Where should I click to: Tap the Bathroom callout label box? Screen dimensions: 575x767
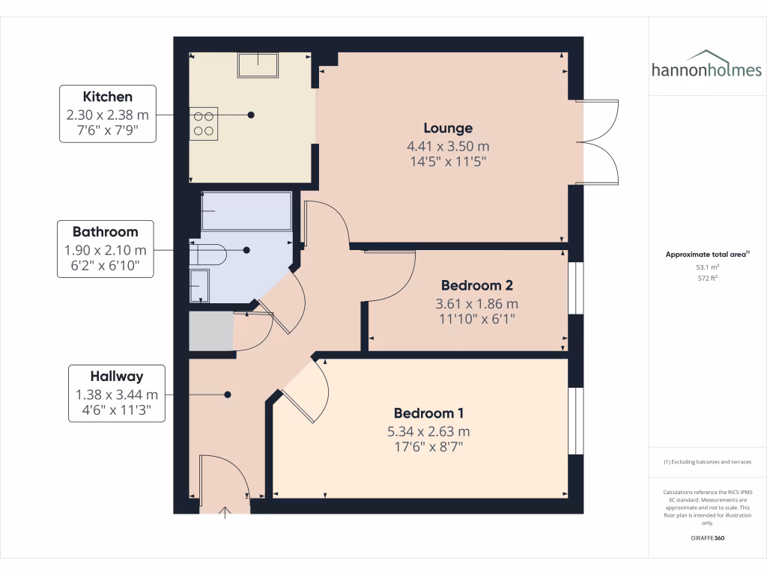click(x=105, y=249)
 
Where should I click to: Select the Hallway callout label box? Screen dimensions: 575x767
click(x=116, y=394)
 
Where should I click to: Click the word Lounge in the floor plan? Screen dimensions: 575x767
click(x=447, y=128)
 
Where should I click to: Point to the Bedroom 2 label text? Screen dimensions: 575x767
click(x=476, y=285)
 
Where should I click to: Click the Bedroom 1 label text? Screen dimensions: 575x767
click(x=429, y=413)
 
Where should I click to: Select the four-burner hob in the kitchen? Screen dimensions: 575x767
click(x=204, y=123)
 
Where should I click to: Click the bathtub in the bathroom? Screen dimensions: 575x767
click(x=246, y=211)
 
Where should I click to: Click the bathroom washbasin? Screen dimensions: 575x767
click(x=199, y=285)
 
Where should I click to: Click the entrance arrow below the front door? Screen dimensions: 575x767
click(x=225, y=511)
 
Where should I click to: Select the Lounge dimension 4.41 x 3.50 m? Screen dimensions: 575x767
click(x=447, y=146)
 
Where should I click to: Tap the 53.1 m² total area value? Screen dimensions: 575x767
click(x=707, y=267)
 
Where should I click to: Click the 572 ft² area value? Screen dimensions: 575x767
click(x=707, y=278)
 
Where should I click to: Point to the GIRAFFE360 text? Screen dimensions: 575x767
click(x=707, y=538)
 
